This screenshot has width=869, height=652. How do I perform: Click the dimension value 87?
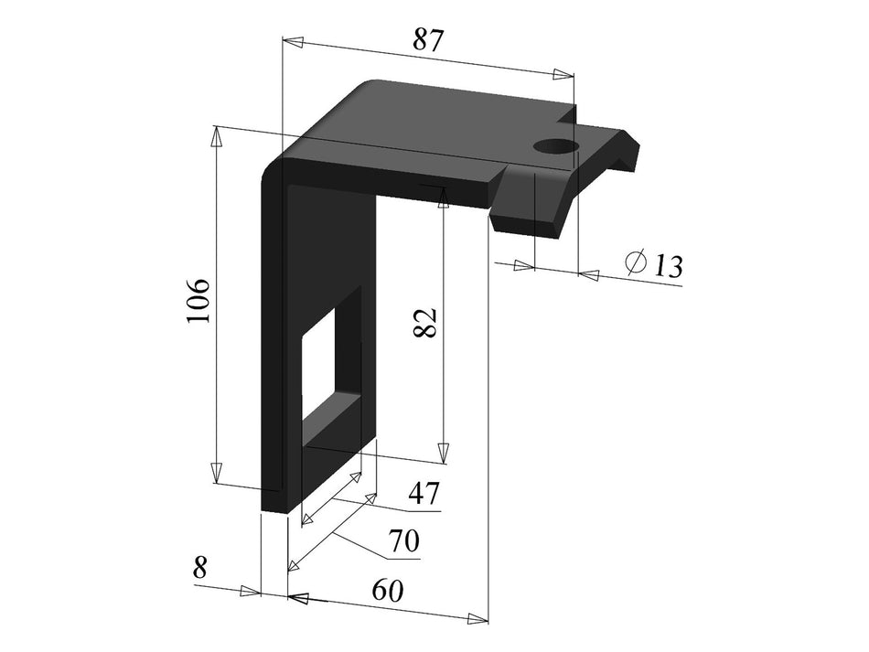428,40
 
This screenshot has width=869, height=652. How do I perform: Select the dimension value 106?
198,299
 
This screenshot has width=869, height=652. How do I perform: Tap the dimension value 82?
426,323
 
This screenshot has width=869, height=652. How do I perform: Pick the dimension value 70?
402,541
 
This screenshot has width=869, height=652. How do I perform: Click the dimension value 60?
388,591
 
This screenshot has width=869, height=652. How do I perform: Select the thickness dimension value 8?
200,567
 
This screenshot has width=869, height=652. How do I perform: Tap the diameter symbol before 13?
636,262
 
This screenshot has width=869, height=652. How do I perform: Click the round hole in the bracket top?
554,146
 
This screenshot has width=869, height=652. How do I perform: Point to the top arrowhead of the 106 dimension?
217,136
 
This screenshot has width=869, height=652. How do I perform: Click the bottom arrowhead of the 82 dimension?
443,454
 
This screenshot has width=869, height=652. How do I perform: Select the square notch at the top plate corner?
568,118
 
